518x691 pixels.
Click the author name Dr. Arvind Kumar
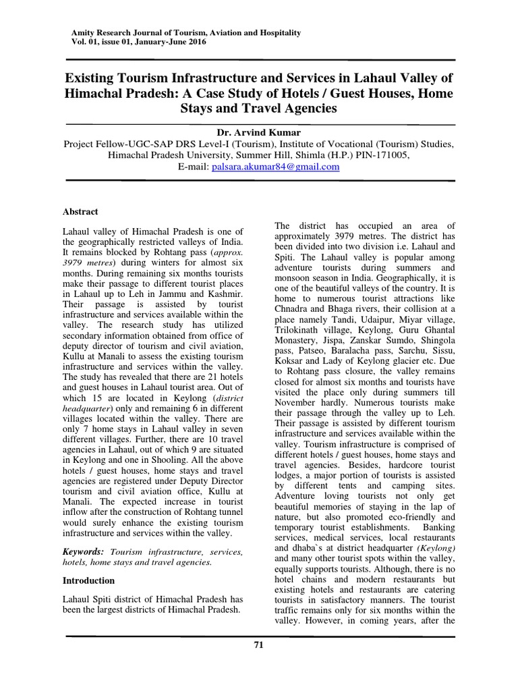pos(258,132)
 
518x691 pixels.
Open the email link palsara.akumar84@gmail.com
pos(275,167)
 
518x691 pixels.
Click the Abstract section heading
pos(80,211)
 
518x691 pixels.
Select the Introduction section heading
pos(88,580)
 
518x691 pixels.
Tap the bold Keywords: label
pos(84,551)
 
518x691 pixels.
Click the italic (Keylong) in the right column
pos(433,549)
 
